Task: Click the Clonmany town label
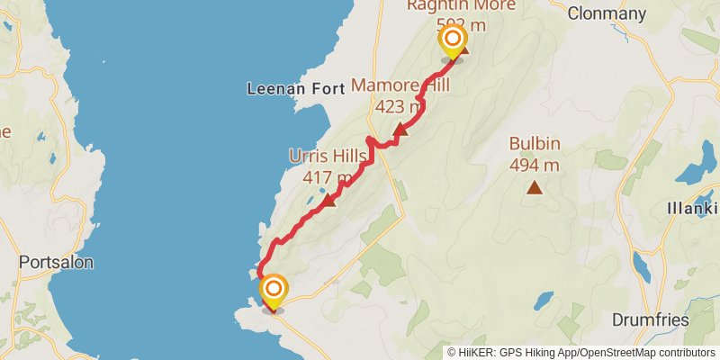coord(608,13)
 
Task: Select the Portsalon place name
coord(56,263)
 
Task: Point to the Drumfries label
coord(650,320)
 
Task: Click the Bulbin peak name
coord(535,143)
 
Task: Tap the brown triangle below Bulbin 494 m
coord(535,187)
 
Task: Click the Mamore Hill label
coord(400,86)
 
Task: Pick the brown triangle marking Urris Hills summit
coord(328,200)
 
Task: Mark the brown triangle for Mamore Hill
coord(400,130)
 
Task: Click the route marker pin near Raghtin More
coord(452,40)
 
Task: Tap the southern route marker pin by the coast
coord(274,290)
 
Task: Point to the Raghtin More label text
coord(461,6)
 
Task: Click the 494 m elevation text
coord(535,165)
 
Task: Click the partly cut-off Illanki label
coord(692,209)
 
